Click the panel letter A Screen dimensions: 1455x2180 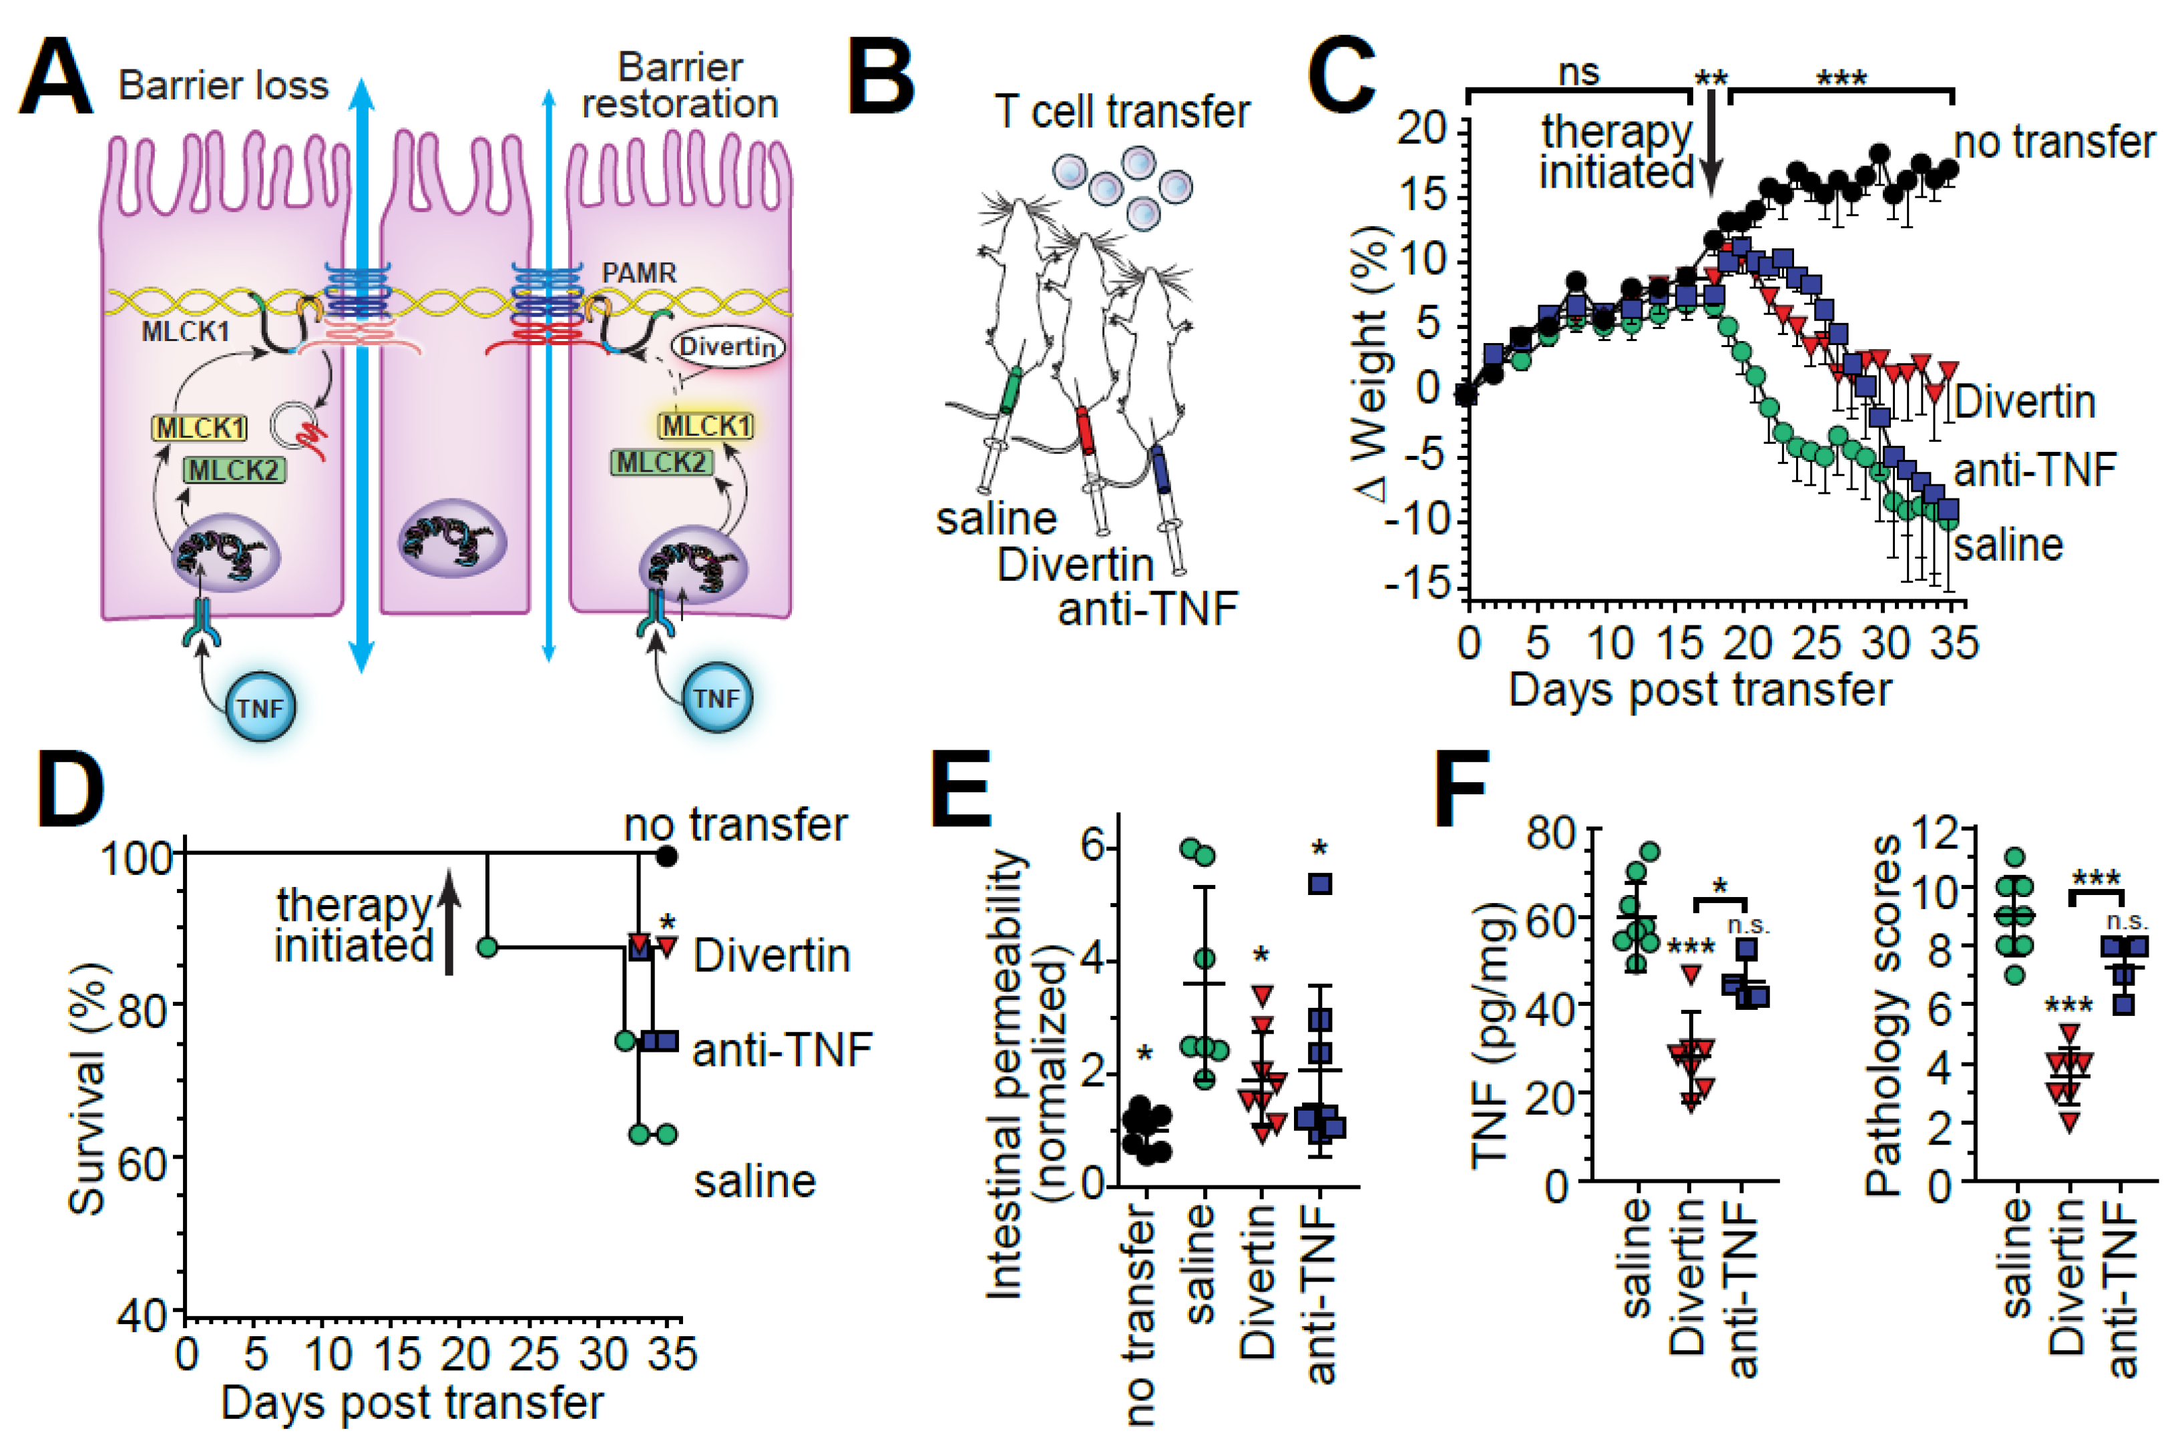pos(55,79)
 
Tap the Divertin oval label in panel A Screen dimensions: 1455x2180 pos(728,347)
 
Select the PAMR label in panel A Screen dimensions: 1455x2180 pos(640,273)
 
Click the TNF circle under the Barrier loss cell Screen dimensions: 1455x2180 pos(260,709)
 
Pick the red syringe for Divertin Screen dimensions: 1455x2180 pos(1085,430)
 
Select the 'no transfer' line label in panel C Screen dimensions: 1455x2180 pos(2054,143)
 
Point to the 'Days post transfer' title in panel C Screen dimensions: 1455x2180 pos(1699,690)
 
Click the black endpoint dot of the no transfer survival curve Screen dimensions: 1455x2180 pos(666,856)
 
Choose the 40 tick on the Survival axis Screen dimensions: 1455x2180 pos(143,1314)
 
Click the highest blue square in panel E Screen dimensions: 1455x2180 pos(1320,884)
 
